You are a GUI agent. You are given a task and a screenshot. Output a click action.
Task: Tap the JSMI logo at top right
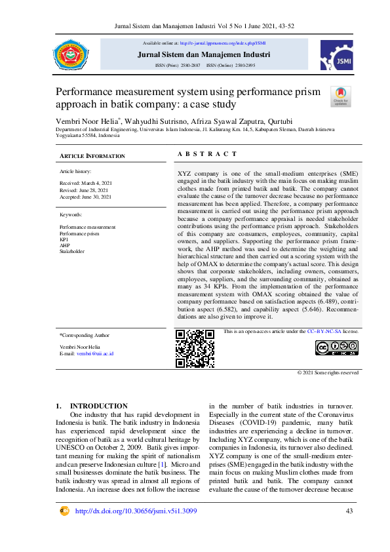click(x=336, y=54)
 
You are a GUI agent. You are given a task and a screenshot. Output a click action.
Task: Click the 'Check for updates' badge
click(x=341, y=96)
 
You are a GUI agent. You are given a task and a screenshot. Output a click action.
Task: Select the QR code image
click(x=195, y=348)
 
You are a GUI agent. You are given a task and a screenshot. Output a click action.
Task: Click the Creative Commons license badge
click(x=336, y=348)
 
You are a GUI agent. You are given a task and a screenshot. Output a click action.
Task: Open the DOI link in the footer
click(x=136, y=511)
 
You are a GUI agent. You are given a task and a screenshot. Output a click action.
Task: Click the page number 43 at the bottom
click(x=349, y=511)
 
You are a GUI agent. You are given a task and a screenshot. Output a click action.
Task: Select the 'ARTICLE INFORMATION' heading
click(x=92, y=156)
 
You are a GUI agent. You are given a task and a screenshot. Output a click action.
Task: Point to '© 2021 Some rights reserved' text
click(x=328, y=372)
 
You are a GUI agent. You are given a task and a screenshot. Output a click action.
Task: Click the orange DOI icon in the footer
click(x=65, y=511)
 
